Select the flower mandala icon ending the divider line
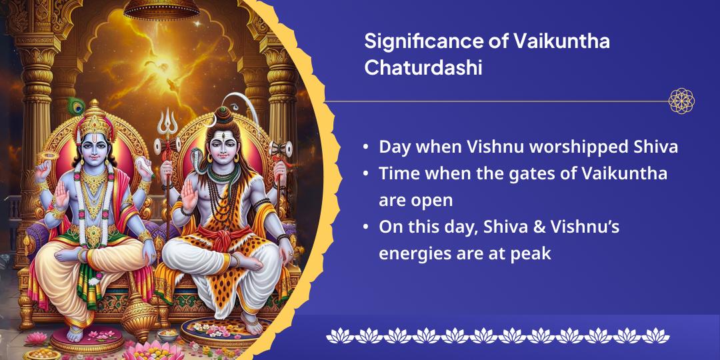tap(681, 101)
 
